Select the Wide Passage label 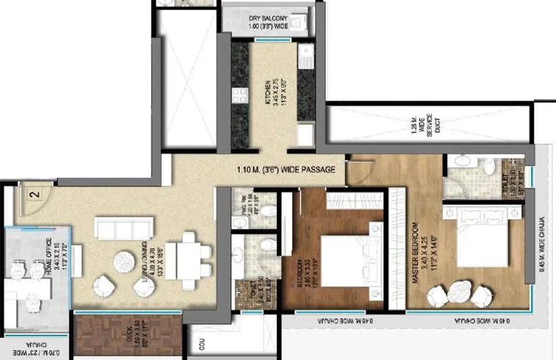(286, 170)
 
